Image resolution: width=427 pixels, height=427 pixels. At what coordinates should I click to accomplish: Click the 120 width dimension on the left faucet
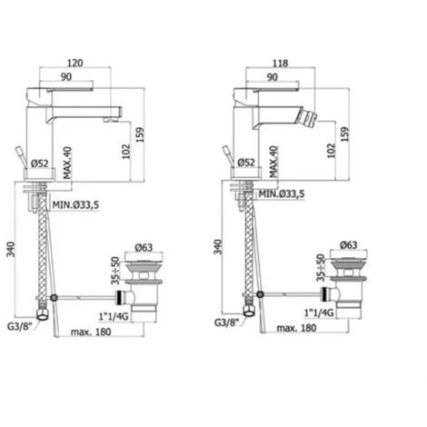point(74,63)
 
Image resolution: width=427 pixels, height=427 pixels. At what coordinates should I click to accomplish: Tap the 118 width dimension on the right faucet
point(280,64)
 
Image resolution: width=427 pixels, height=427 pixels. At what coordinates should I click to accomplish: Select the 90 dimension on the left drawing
point(66,77)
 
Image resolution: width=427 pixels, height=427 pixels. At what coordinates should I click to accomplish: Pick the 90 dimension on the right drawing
point(273,77)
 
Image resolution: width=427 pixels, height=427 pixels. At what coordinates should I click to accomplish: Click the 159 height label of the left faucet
point(140,134)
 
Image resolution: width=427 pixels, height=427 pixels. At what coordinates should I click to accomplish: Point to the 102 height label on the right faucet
point(332,151)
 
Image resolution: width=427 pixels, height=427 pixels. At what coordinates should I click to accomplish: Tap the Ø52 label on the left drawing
point(39,164)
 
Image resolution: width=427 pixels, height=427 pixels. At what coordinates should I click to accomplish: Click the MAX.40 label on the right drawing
point(273,162)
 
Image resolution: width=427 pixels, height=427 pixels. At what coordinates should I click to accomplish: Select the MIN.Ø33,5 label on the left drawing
point(75,205)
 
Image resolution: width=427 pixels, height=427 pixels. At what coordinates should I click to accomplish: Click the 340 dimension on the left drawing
point(11,249)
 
